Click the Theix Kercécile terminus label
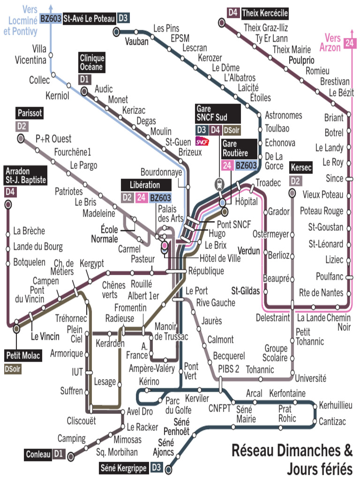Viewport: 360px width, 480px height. (264, 13)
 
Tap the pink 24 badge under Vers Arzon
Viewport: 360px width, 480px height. (349, 43)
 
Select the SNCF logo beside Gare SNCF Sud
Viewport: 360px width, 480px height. (202, 141)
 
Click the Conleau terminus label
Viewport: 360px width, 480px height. (38, 454)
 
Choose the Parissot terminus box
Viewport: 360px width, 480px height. (30, 113)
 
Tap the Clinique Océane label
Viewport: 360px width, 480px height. (92, 62)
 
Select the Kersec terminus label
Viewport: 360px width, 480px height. (300, 167)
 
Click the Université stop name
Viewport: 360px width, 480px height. (310, 378)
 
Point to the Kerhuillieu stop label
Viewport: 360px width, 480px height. (336, 405)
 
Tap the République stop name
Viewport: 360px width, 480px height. (206, 271)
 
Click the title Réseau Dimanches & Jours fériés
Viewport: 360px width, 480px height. (292, 459)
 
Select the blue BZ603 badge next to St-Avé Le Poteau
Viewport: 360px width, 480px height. (50, 18)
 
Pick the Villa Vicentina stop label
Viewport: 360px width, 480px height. (31, 54)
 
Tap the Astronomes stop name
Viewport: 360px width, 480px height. (284, 115)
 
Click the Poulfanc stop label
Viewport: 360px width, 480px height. (330, 276)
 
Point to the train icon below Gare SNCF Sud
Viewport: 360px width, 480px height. (218, 184)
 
